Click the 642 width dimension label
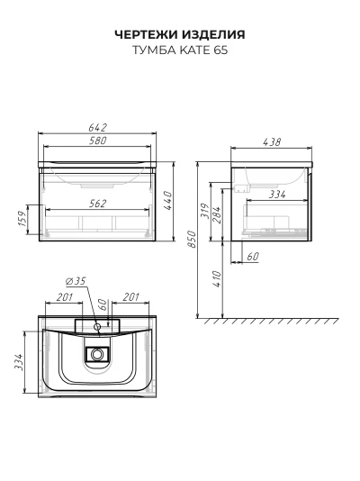tap(98, 127)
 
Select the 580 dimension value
tap(98, 141)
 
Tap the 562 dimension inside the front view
tap(98, 204)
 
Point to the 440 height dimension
tap(167, 201)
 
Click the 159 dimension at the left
tap(22, 218)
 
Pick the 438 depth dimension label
tap(272, 142)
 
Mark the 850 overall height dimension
tap(192, 240)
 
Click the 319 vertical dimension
tap(205, 211)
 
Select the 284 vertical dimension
tap(216, 214)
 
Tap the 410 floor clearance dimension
tap(217, 278)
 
